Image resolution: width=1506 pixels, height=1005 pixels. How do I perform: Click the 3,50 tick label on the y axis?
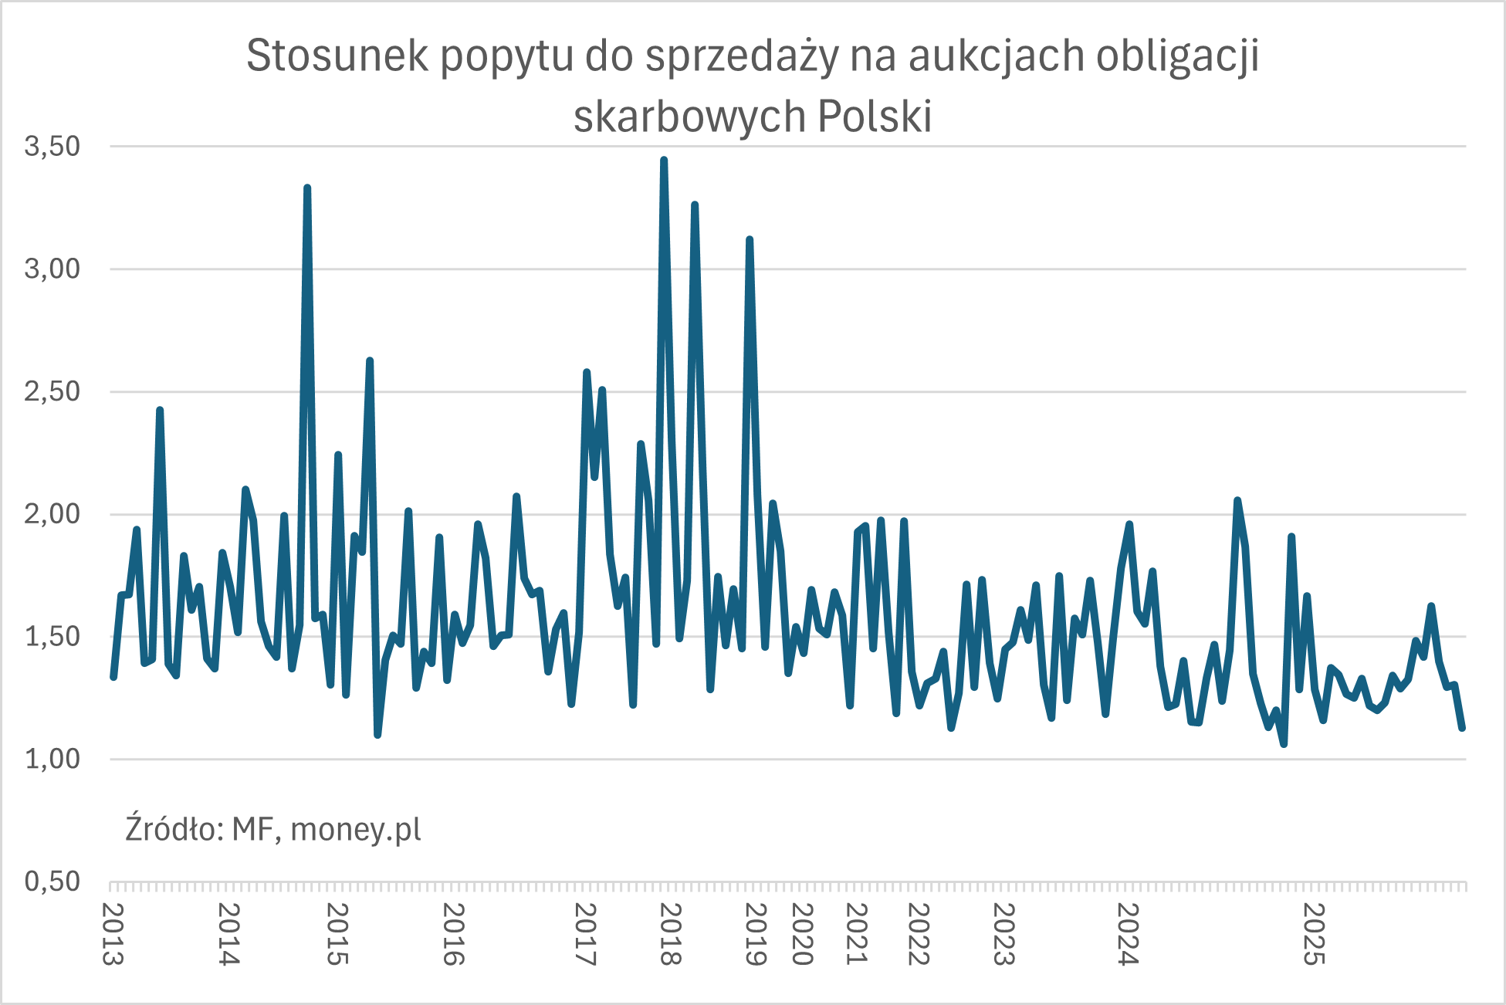pyautogui.click(x=52, y=146)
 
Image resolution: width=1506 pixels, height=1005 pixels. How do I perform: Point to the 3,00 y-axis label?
pyautogui.click(x=52, y=269)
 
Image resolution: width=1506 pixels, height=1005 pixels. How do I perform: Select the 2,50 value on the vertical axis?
pyautogui.click(x=52, y=391)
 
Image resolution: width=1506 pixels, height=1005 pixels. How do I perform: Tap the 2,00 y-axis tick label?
pyautogui.click(x=52, y=514)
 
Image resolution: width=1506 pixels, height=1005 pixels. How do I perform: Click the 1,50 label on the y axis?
pyautogui.click(x=52, y=637)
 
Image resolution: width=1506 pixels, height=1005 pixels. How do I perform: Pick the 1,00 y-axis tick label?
pyautogui.click(x=52, y=759)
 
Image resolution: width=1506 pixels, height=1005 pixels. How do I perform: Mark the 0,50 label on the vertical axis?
pyautogui.click(x=52, y=881)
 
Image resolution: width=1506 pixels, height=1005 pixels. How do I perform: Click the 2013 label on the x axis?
pyautogui.click(x=113, y=934)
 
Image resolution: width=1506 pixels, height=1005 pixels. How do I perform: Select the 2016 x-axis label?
pyautogui.click(x=453, y=934)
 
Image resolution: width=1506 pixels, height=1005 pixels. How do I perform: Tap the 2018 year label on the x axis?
pyautogui.click(x=670, y=934)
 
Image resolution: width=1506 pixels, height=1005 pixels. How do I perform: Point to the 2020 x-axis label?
pyautogui.click(x=803, y=934)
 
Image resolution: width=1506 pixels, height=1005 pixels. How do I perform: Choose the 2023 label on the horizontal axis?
pyautogui.click(x=1003, y=934)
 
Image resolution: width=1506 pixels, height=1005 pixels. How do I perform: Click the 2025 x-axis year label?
pyautogui.click(x=1313, y=934)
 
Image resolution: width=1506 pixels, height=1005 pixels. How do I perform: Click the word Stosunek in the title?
pyautogui.click(x=337, y=56)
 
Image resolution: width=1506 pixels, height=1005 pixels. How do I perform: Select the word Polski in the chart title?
pyautogui.click(x=874, y=117)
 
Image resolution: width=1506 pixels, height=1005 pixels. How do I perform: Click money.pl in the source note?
pyautogui.click(x=356, y=830)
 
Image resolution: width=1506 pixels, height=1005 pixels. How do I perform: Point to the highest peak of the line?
pyautogui.click(x=664, y=160)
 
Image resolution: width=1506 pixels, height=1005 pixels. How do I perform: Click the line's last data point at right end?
pyautogui.click(x=1462, y=728)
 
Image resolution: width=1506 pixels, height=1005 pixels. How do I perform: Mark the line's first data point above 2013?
pyautogui.click(x=113, y=677)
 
